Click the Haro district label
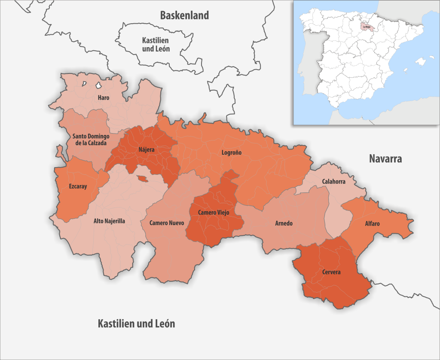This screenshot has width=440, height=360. point(103,98)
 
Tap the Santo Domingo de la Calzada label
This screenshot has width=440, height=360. point(91,140)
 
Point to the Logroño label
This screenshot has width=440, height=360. point(232,153)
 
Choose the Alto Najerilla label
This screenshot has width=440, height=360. point(109,222)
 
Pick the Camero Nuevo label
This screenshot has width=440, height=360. point(167,223)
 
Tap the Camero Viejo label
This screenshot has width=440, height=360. point(214,213)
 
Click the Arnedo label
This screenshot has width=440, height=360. point(284,223)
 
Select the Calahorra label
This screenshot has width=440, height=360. point(333,182)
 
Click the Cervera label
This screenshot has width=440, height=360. point(331,272)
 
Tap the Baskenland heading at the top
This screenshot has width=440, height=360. point(184,15)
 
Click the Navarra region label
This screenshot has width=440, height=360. point(385,159)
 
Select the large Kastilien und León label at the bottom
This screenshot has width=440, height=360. point(136,323)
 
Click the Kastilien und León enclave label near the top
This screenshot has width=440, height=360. point(156,45)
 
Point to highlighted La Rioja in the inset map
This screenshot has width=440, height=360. point(367,27)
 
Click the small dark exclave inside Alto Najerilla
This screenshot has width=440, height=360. point(142,179)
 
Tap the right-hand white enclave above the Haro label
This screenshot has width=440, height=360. point(99,86)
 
